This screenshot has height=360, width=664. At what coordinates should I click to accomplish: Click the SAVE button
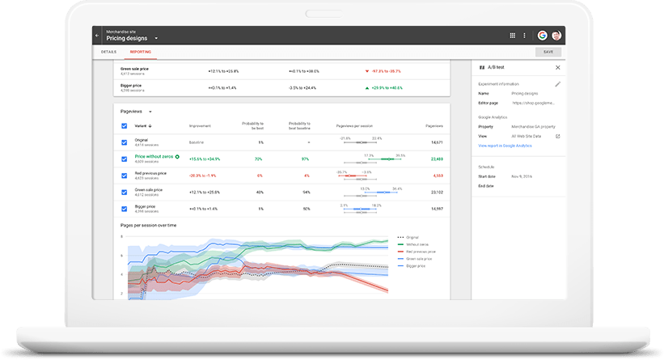[548, 52]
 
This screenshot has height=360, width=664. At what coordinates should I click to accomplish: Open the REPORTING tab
[140, 52]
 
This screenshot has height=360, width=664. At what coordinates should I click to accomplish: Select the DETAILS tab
[108, 52]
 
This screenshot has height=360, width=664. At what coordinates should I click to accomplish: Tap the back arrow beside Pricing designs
[97, 36]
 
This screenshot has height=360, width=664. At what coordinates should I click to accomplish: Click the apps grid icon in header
[512, 36]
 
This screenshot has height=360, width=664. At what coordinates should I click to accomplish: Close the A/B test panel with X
[557, 67]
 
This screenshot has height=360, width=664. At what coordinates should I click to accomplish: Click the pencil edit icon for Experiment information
[557, 84]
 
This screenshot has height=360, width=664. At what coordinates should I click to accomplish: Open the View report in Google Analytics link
[505, 146]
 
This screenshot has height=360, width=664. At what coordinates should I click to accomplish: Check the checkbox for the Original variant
[124, 142]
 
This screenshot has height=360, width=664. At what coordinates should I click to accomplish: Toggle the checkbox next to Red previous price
[124, 175]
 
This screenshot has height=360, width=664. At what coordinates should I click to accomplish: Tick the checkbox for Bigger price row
[124, 209]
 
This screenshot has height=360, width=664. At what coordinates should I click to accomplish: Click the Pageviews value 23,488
[437, 159]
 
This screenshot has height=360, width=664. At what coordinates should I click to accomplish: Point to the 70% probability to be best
[260, 159]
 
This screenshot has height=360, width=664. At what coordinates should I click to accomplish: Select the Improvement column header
[200, 125]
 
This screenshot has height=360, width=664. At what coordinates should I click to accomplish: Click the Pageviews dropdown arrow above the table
[150, 111]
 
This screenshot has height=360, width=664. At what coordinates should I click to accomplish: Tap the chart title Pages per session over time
[148, 225]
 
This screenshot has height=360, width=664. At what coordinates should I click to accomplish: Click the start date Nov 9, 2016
[522, 176]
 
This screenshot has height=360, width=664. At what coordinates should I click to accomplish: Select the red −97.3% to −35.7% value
[383, 70]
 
